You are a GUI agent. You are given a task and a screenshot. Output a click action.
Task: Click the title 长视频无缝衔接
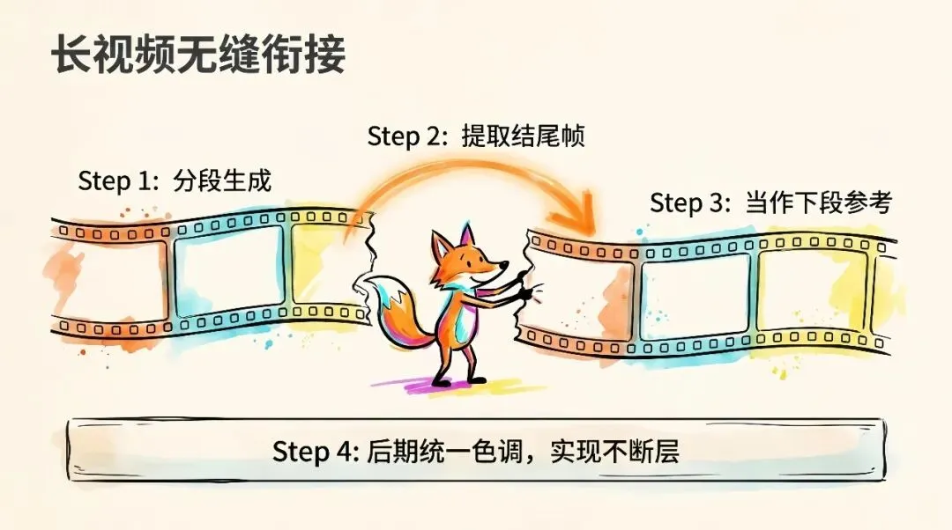[x=197, y=55]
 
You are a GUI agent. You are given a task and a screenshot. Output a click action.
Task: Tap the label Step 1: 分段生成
[x=175, y=181]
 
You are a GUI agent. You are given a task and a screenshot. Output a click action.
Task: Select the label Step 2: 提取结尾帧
[x=476, y=136]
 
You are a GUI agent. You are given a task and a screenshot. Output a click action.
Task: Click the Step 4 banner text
[x=475, y=452]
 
